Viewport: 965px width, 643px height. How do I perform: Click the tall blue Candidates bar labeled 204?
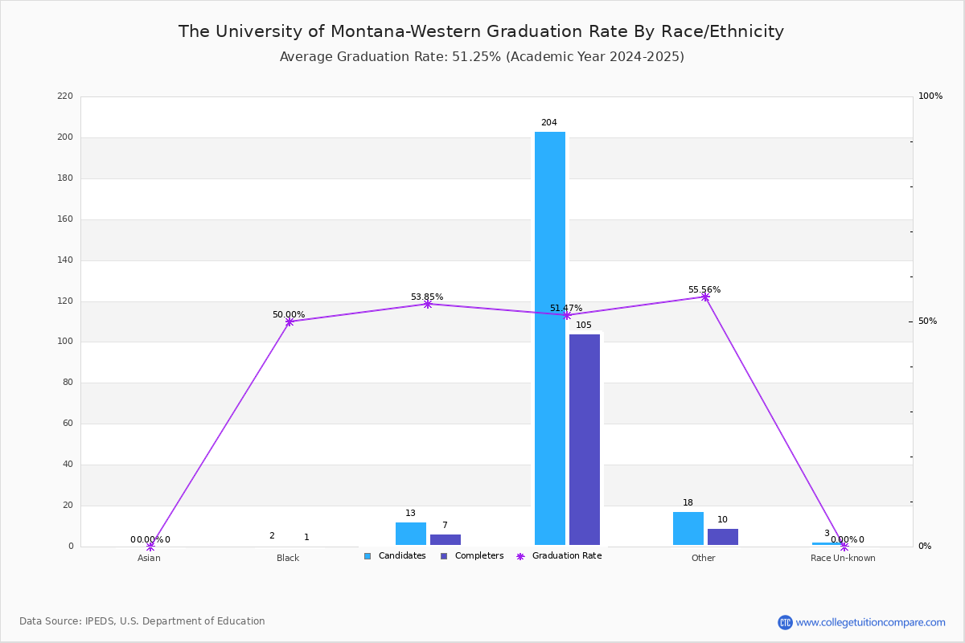[550, 338]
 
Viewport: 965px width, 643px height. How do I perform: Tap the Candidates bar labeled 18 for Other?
[688, 529]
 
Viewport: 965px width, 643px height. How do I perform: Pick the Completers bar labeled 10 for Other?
[723, 537]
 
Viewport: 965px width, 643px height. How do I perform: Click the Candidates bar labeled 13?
[411, 534]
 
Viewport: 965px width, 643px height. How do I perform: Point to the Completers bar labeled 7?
[446, 539]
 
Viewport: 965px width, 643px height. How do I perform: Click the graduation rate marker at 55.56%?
[705, 297]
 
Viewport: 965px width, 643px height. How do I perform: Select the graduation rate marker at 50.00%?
[289, 321]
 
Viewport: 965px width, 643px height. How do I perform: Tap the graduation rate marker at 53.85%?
[428, 304]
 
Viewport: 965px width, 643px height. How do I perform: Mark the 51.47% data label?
[566, 308]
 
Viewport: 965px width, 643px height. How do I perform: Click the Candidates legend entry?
[395, 556]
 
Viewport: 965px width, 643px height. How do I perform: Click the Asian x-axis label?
[149, 558]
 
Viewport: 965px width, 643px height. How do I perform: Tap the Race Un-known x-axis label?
[843, 558]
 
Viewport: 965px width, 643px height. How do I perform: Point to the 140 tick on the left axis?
[65, 260]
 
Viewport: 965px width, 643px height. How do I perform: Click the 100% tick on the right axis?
[930, 96]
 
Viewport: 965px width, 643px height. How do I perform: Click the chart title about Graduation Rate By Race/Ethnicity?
[481, 31]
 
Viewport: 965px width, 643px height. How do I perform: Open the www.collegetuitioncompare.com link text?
[870, 622]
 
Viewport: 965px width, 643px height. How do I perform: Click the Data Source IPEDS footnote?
[142, 621]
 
